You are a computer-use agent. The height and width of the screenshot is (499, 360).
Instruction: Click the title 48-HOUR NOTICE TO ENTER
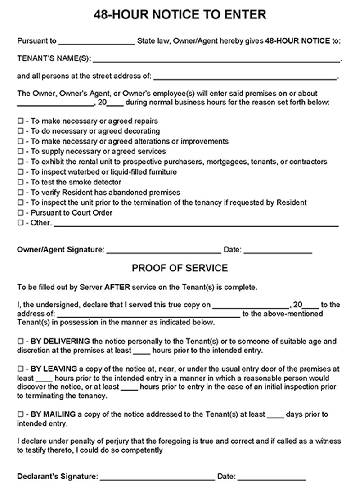click(180, 15)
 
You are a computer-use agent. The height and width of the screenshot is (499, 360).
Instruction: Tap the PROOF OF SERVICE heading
click(180, 268)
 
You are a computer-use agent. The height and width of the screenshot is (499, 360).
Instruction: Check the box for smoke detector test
click(20, 182)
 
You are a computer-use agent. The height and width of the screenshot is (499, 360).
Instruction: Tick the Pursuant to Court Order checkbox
click(20, 212)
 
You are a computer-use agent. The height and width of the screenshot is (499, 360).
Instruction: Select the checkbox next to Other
click(20, 223)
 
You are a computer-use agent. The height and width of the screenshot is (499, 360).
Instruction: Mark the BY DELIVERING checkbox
click(20, 342)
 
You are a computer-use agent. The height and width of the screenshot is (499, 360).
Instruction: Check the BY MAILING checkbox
click(20, 414)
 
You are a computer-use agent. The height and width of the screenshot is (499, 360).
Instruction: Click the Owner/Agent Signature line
click(164, 250)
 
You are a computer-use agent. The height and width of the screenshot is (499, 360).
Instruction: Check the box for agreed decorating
click(20, 131)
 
